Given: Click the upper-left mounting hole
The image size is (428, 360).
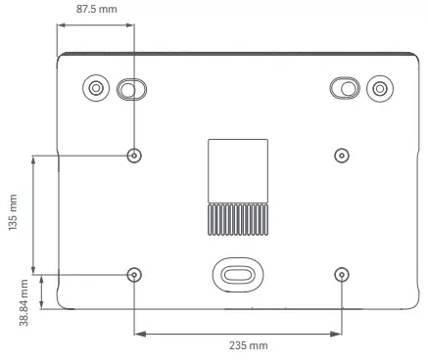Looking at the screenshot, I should [x=134, y=155].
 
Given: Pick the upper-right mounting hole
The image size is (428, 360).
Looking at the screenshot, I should [x=341, y=155].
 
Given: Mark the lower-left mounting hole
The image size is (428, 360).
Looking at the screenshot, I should [x=134, y=274].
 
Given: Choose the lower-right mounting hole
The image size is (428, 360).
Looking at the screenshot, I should [x=341, y=274].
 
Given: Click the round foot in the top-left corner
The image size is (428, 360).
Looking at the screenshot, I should [x=95, y=88].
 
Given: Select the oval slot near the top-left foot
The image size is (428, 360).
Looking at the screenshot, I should [x=129, y=89].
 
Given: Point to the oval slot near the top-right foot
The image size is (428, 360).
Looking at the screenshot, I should [x=345, y=89].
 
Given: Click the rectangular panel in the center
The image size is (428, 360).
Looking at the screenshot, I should [x=238, y=170].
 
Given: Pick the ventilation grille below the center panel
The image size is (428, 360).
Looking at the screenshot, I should [x=238, y=219].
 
